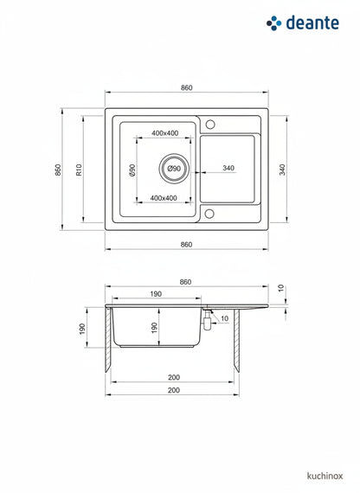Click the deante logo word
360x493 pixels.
click(312, 23)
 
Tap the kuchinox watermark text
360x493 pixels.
click(325, 476)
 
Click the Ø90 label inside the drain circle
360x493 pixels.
click(174, 169)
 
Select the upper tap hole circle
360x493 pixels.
click(210, 125)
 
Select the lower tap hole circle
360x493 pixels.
click(209, 214)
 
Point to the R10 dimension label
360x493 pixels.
click(79, 170)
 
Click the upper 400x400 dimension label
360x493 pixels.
click(165, 133)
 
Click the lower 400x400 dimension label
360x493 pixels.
click(164, 198)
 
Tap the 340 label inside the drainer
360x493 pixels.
click(228, 168)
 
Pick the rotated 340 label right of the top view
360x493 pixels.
click(282, 170)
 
